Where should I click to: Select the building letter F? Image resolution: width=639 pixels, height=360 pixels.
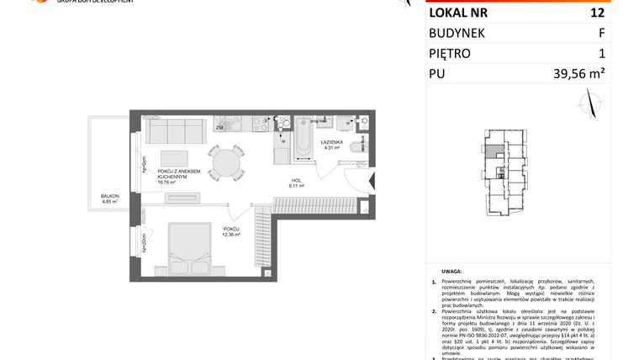(600, 33)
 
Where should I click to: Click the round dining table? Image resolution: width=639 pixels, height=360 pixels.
(224, 162)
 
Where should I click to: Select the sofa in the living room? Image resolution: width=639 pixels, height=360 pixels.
(174, 132)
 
